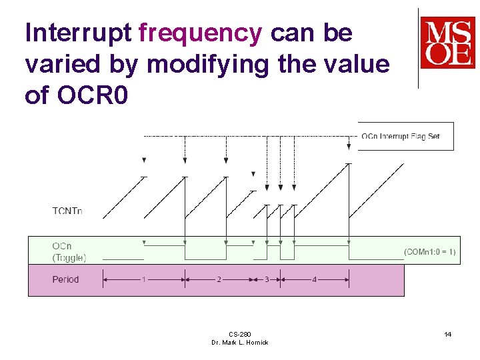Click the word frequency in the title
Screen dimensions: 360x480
pyautogui.click(x=200, y=33)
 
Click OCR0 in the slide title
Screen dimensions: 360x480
pyautogui.click(x=87, y=95)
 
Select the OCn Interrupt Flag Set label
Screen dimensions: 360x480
pyautogui.click(x=401, y=137)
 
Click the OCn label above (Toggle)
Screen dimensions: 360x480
pyautogui.click(x=62, y=246)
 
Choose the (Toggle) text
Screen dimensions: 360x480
pyautogui.click(x=69, y=257)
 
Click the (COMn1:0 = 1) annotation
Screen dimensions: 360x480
pyautogui.click(x=430, y=251)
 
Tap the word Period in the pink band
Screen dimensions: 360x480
pyautogui.click(x=65, y=279)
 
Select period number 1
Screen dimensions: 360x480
pyautogui.click(x=143, y=279)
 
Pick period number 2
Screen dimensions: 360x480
pyautogui.click(x=219, y=279)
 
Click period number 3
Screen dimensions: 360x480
pyautogui.click(x=267, y=279)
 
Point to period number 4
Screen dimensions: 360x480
pyautogui.click(x=314, y=279)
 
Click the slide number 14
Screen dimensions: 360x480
pyautogui.click(x=448, y=334)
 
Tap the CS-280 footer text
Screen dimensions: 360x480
pyautogui.click(x=239, y=334)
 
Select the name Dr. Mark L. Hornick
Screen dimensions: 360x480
pyautogui.click(x=239, y=343)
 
